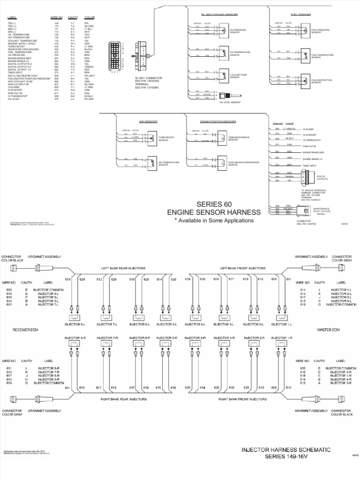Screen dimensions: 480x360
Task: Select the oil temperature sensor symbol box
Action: pos(223,53)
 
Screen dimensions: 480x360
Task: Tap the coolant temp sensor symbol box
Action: pos(223,75)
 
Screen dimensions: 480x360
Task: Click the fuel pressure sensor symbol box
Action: pos(305,30)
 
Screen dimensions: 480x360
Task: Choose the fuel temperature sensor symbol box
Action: pos(305,54)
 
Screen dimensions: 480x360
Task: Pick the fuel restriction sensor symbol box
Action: pos(305,80)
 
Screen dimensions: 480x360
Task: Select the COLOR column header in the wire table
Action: pos(90,17)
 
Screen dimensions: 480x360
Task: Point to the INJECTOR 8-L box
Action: pos(76,323)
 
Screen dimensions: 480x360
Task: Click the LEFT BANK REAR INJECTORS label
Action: pos(124,268)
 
